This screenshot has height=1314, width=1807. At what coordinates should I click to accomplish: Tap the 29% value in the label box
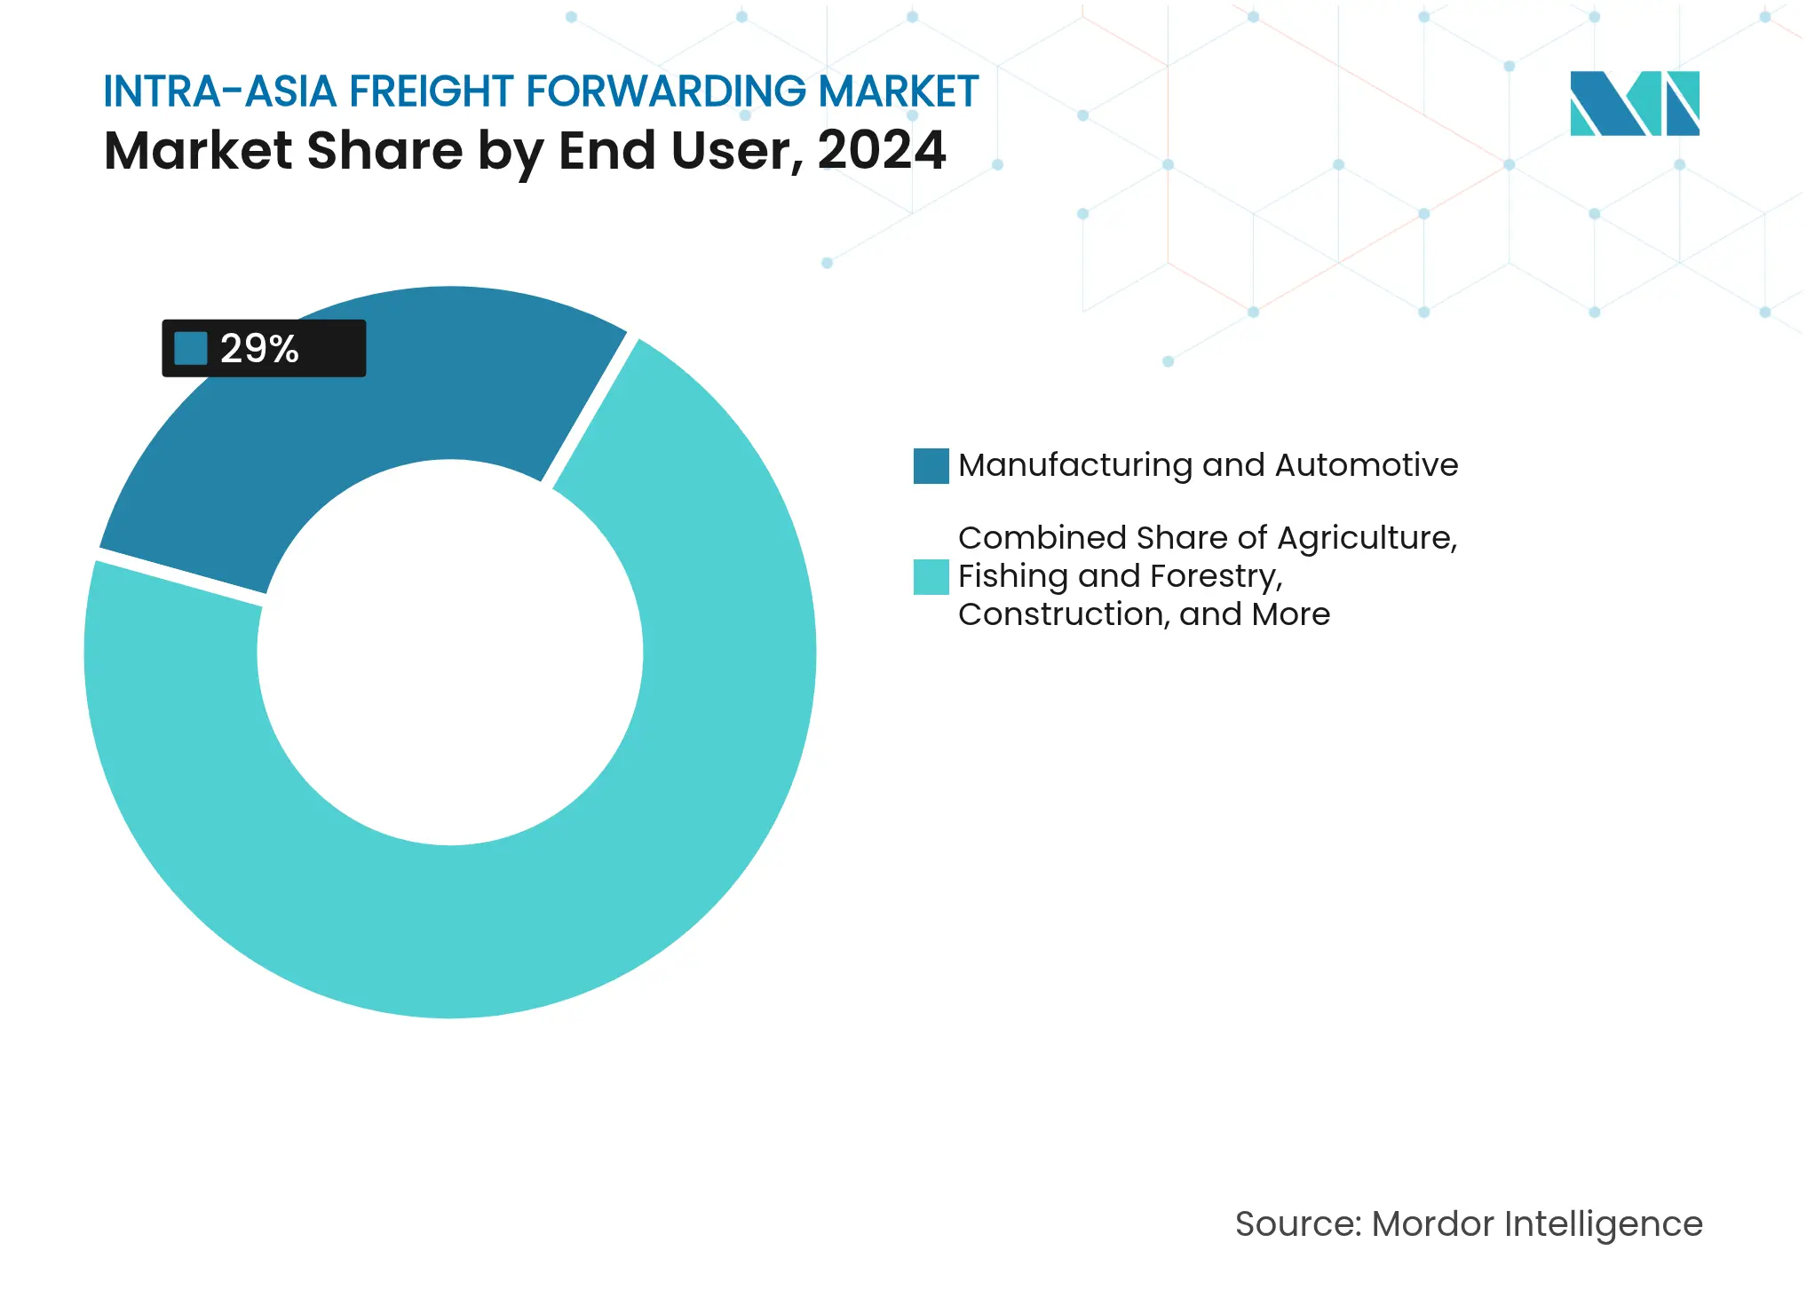click(x=259, y=348)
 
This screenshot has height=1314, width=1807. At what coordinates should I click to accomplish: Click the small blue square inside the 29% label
click(x=190, y=348)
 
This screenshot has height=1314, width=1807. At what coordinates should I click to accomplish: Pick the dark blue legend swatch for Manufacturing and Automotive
click(x=931, y=465)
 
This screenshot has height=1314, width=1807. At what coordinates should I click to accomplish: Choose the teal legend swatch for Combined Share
click(x=931, y=576)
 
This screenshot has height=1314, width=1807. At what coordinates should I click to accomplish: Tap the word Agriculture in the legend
click(x=1367, y=538)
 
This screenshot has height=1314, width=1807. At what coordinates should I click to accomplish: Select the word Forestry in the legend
click(x=1216, y=576)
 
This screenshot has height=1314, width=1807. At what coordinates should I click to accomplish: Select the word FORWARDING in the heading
click(x=666, y=91)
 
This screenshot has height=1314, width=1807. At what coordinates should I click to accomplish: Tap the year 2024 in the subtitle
click(x=881, y=150)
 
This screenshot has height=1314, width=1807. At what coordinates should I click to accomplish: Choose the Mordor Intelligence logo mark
click(x=1634, y=103)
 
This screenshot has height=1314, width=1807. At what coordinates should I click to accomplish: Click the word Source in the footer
click(x=1297, y=1223)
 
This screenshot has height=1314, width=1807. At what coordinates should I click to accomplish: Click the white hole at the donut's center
click(x=450, y=653)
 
